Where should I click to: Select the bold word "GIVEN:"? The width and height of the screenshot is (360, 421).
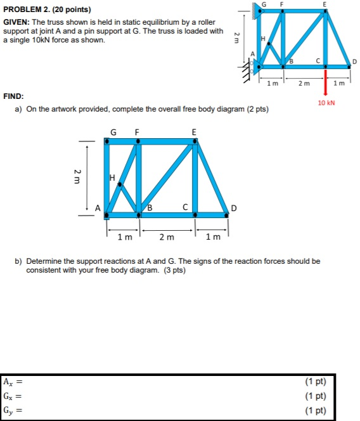click(16, 22)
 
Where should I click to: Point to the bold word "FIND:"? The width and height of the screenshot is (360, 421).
click(14, 96)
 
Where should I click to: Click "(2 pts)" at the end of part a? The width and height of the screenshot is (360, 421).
click(255, 109)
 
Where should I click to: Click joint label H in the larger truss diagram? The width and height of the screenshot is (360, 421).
click(112, 179)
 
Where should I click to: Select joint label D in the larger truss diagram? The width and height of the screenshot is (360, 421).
click(234, 208)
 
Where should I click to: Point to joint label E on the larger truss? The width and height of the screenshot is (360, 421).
click(194, 132)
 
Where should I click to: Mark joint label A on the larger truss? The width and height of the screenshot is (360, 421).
click(98, 207)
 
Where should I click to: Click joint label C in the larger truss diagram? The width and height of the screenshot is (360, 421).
click(185, 207)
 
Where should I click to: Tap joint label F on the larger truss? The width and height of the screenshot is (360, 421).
click(136, 132)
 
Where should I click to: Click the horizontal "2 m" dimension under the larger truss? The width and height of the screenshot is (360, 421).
click(166, 237)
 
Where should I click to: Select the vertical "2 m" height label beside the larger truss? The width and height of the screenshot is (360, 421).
click(77, 176)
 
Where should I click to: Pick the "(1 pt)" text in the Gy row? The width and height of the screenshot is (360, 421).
click(315, 410)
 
